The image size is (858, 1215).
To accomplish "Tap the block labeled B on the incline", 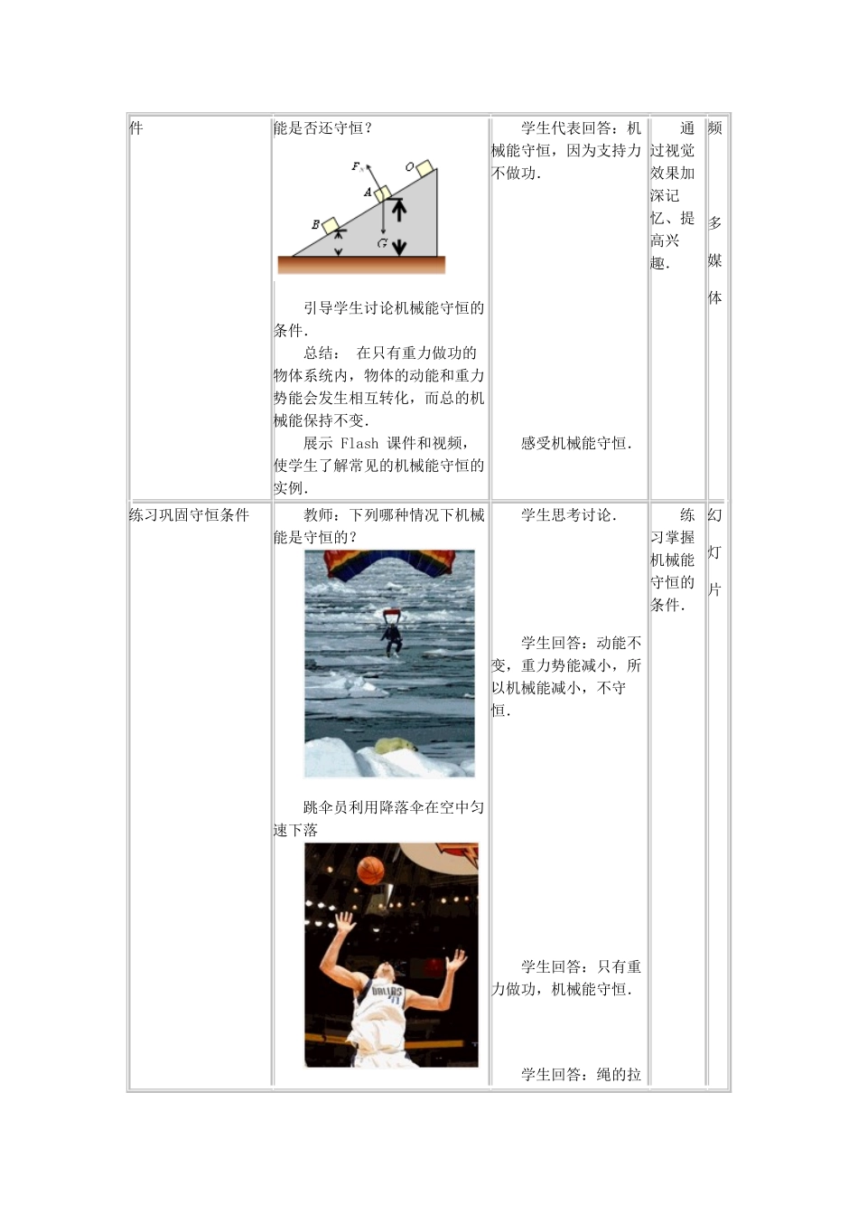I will pyautogui.click(x=331, y=223).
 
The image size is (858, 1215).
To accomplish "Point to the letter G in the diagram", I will pyautogui.click(x=383, y=242).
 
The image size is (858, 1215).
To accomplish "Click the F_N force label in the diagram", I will pyautogui.click(x=357, y=166).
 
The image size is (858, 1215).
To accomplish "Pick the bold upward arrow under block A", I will pyautogui.click(x=398, y=211).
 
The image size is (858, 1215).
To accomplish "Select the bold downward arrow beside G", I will pyautogui.click(x=399, y=243).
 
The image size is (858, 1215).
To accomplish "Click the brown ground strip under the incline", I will pyautogui.click(x=361, y=265).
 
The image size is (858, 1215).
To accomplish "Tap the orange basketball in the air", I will pyautogui.click(x=370, y=871).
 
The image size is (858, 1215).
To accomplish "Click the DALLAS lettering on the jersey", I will pyautogui.click(x=387, y=993).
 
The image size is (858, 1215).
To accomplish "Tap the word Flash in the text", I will pyautogui.click(x=359, y=443).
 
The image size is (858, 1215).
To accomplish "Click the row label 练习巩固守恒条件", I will pyautogui.click(x=189, y=515).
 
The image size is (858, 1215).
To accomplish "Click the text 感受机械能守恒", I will pyautogui.click(x=575, y=443).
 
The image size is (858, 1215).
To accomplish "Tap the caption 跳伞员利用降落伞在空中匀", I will pyautogui.click(x=394, y=807).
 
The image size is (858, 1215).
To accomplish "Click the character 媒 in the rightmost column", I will pyautogui.click(x=714, y=260).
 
